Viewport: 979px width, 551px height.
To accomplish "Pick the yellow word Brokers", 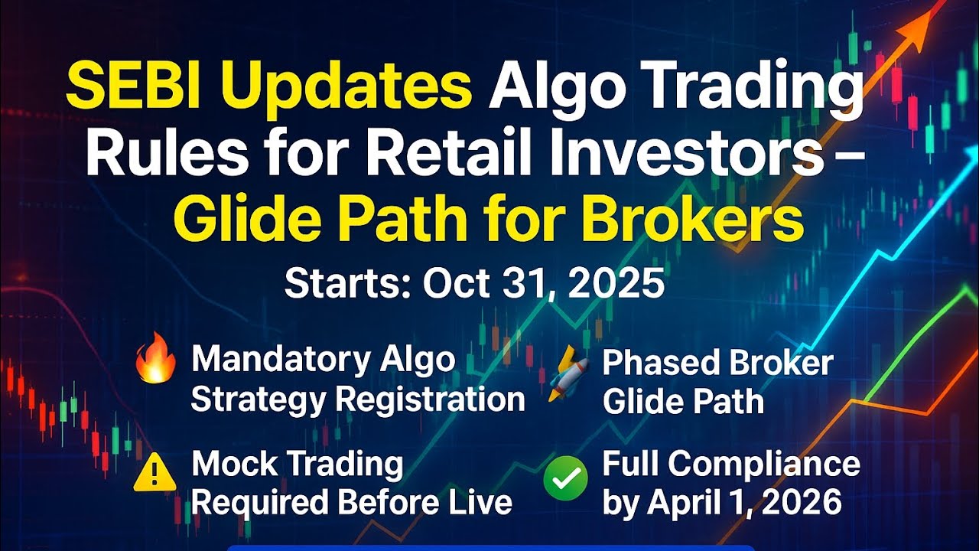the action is [693, 217].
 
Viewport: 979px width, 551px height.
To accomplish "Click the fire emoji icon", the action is [155, 357].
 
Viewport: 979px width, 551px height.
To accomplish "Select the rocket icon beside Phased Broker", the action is [567, 373].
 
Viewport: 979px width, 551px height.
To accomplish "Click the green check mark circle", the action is [565, 478].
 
